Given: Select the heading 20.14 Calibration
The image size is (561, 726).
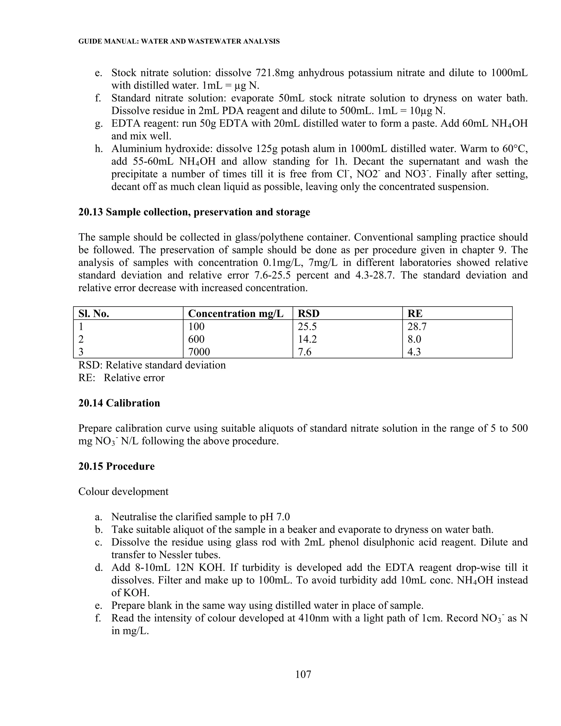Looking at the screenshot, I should click(119, 403).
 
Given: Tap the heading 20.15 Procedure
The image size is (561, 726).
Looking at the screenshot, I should click(116, 466).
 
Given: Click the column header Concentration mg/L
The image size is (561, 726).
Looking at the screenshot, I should click(236, 313).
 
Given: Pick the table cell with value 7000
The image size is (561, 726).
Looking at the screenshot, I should click(199, 352).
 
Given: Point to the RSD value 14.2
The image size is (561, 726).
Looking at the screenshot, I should click(307, 339).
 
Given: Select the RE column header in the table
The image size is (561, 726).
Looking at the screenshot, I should click(415, 313).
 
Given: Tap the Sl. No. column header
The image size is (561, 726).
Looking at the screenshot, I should click(94, 313).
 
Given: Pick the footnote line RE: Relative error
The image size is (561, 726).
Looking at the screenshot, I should click(121, 378).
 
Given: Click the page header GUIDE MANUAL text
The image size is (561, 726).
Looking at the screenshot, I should click(179, 42).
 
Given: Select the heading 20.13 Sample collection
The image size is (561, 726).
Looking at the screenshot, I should click(194, 212).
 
